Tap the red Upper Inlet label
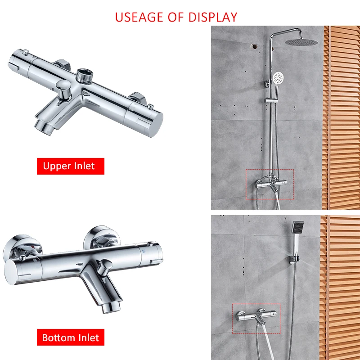click(x=70, y=166)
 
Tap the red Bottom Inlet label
click(x=71, y=337)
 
